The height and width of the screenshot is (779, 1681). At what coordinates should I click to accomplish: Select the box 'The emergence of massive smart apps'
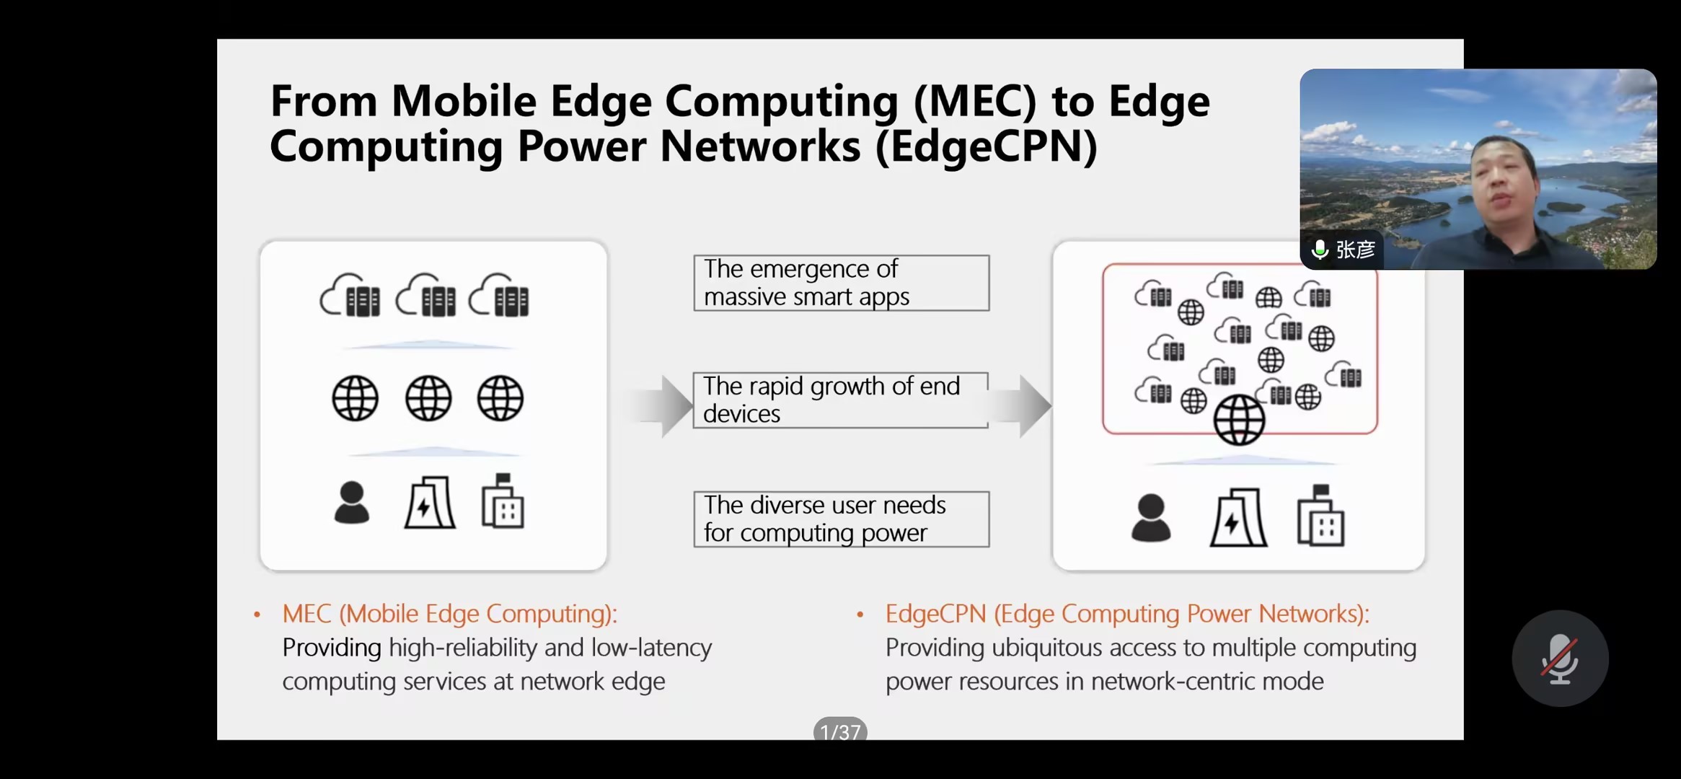[x=842, y=283]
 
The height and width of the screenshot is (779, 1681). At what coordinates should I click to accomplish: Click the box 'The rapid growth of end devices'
[x=841, y=400]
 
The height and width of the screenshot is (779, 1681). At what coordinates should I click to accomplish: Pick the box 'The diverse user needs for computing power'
[x=842, y=519]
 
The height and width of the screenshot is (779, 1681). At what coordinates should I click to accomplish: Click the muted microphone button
[x=1560, y=659]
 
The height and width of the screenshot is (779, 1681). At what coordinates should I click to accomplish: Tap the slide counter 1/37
[x=840, y=730]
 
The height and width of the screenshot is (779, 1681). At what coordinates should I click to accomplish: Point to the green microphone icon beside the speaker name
[x=1320, y=250]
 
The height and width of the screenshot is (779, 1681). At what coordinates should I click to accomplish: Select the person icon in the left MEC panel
[x=352, y=502]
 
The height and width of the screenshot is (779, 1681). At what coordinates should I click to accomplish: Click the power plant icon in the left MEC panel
[x=430, y=502]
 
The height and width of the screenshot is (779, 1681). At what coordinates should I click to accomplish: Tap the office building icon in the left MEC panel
[x=503, y=501]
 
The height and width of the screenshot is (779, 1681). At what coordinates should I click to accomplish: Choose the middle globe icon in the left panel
[x=428, y=398]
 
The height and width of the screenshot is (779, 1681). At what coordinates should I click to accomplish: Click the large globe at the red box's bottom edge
[x=1239, y=420]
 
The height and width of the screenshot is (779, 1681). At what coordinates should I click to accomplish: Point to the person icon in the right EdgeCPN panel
[x=1151, y=517]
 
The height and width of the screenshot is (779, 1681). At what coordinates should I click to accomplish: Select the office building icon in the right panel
[x=1320, y=516]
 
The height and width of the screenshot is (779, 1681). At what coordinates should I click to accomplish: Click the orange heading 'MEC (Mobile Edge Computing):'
[x=450, y=613]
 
